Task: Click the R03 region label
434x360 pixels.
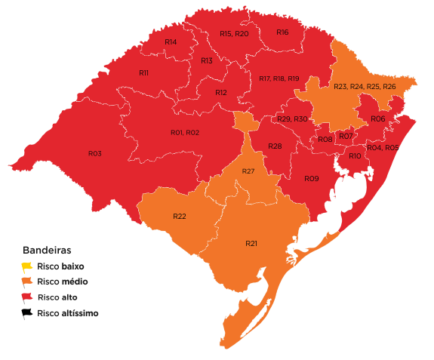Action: pos(94,153)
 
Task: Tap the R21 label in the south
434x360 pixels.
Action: pos(252,244)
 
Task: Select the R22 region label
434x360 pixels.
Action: pos(179,217)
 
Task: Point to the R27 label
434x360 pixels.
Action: pos(248,172)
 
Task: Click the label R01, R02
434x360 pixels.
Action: pos(185,133)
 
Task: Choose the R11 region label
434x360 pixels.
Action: pos(143,72)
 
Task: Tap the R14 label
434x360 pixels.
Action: pos(171,42)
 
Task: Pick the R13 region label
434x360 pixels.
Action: pos(206,60)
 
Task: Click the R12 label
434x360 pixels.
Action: pos(220,92)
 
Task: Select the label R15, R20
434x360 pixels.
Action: pos(234,34)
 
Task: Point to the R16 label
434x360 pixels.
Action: pos(282,32)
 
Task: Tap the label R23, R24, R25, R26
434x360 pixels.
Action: pos(365,87)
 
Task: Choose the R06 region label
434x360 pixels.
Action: pos(377,119)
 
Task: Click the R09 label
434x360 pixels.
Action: pos(312,179)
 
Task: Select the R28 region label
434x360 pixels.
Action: pos(275,146)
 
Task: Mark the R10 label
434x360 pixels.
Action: pos(355,155)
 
